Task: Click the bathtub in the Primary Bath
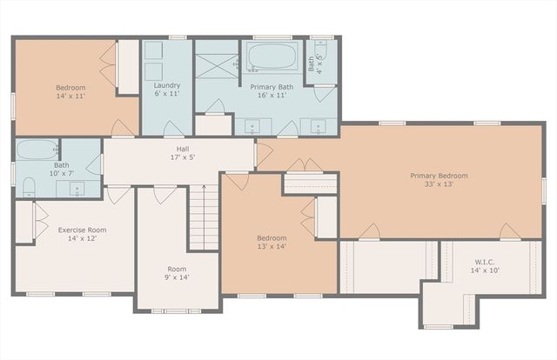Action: (274, 59)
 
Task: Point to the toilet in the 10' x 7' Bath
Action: (29, 184)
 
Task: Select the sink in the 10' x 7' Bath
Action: (77, 186)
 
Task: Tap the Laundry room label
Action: (166, 86)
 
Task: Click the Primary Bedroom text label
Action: (439, 176)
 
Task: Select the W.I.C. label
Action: (485, 262)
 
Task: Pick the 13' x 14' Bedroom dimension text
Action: (271, 246)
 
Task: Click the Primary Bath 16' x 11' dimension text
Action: (272, 96)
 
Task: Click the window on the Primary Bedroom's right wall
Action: (543, 188)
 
